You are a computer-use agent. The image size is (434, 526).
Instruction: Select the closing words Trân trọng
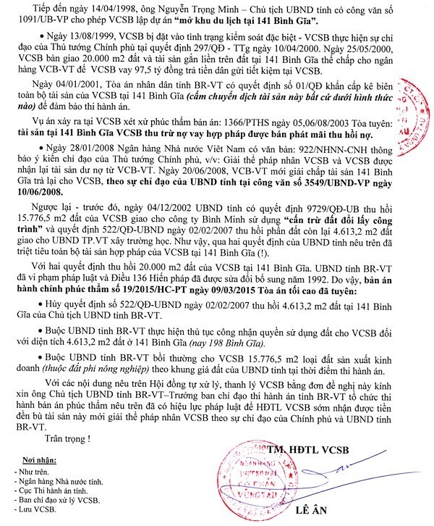(x=67, y=438)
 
